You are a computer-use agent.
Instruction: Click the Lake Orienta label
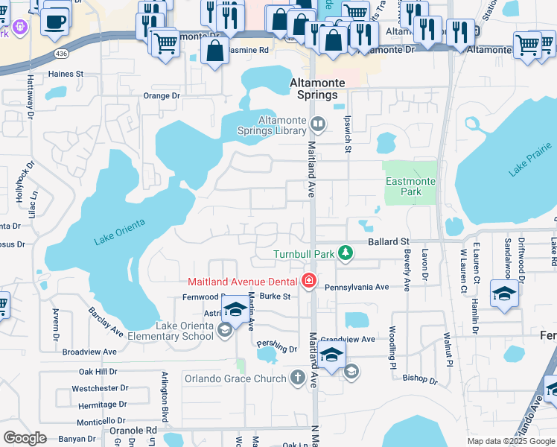(x=119, y=231)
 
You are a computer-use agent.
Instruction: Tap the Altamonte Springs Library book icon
(x=318, y=124)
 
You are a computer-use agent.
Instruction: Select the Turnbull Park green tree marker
(x=345, y=254)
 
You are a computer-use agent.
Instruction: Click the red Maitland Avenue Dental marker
(x=308, y=282)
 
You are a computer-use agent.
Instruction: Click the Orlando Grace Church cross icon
(x=298, y=378)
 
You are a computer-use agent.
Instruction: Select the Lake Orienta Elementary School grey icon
(x=224, y=331)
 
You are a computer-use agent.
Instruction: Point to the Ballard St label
(x=389, y=242)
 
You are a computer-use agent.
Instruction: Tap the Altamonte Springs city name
(x=307, y=89)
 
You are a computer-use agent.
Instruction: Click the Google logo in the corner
(x=25, y=437)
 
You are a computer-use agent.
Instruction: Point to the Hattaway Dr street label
(x=31, y=101)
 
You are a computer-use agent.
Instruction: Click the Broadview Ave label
(x=89, y=352)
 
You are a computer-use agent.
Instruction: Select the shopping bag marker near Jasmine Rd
(x=214, y=52)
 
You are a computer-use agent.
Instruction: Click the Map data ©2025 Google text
(x=510, y=441)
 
